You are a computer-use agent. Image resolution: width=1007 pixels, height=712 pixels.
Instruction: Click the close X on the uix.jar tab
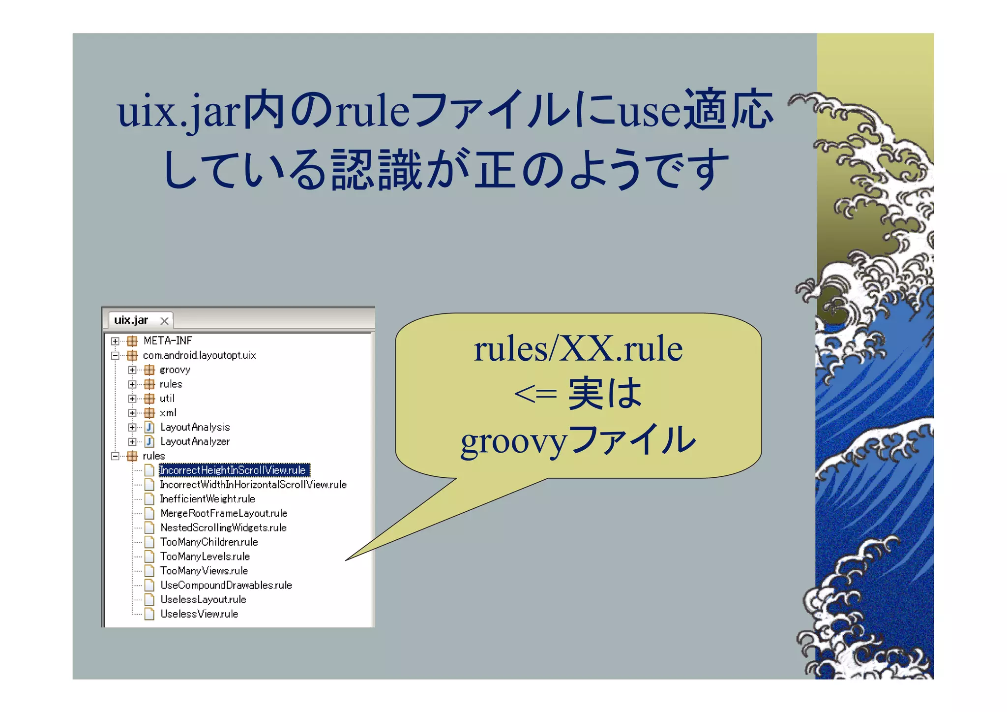coord(164,321)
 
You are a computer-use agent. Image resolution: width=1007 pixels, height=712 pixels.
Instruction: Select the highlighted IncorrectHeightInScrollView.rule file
coord(233,470)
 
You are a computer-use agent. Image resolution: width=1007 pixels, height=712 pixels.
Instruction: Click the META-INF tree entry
coord(168,341)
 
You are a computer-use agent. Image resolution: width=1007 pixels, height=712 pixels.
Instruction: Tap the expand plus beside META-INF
coord(115,341)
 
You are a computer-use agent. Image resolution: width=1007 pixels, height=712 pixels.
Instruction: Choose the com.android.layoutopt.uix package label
coord(199,355)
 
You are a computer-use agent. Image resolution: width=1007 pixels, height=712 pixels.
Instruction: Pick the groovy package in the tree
coord(175,370)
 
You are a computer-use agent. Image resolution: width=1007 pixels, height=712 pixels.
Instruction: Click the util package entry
coord(167,399)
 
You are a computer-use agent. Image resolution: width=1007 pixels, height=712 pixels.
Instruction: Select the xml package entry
coord(168,413)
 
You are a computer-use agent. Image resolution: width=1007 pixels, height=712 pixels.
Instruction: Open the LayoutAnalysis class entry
coord(195,427)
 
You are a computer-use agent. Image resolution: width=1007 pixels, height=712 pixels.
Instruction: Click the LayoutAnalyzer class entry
coord(195,441)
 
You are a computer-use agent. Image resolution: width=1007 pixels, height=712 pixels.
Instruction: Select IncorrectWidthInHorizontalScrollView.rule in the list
coord(253,485)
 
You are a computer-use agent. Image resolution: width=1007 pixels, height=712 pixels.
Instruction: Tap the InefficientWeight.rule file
coord(207,499)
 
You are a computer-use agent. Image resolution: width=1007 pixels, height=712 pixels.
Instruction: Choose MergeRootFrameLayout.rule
coord(224,513)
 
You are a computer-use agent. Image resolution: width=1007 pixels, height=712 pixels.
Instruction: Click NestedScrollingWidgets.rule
coord(223,527)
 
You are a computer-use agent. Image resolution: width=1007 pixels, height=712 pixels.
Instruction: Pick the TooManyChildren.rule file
coord(209,542)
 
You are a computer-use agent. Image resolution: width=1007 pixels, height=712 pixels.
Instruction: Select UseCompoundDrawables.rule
coord(226,585)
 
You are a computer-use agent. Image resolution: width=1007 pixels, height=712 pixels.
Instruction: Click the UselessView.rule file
coord(199,614)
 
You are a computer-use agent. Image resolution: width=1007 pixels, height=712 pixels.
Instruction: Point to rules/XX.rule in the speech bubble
coord(578,349)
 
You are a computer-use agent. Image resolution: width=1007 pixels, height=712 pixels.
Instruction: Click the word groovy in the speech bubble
coord(514,441)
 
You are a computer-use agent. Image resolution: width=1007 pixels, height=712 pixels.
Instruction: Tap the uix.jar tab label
coord(131,320)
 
